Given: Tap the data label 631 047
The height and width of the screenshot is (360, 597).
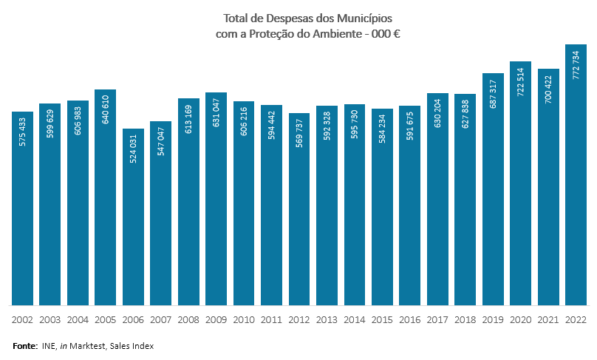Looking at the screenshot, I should pos(216,111).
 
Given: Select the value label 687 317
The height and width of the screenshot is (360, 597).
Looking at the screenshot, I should pos(494,92).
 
